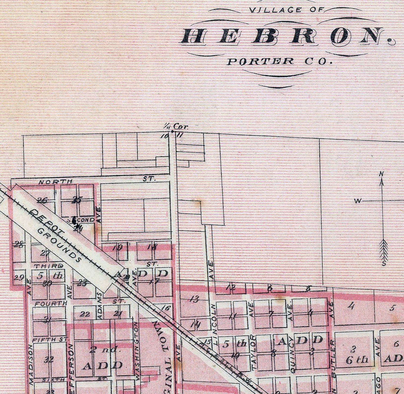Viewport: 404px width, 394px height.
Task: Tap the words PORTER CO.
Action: pyautogui.click(x=278, y=61)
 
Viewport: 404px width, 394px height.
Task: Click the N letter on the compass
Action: pyautogui.click(x=381, y=174)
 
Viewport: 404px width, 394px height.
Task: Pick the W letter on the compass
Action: pyautogui.click(x=357, y=201)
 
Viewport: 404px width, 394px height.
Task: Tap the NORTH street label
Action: pyautogui.click(x=55, y=182)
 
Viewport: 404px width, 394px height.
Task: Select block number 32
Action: pyautogui.click(x=50, y=359)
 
